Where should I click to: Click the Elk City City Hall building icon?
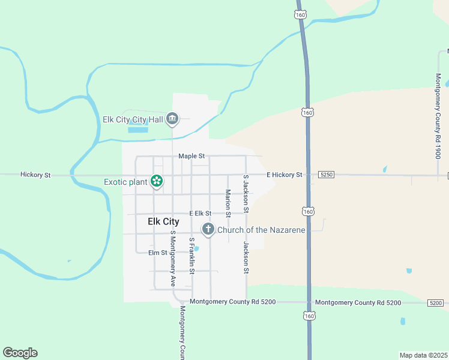coord(172,119)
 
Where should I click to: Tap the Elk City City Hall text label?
coord(133,119)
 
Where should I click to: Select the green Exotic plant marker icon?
coord(157,181)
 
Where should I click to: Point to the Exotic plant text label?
coord(125,182)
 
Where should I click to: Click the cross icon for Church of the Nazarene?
coord(208,229)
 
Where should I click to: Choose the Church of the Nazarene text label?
coord(261,230)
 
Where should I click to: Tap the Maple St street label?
coord(192,156)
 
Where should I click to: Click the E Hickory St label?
coord(285,175)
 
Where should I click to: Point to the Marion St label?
coord(228,203)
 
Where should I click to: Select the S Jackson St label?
coord(246,194)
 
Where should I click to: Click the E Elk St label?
coord(200,213)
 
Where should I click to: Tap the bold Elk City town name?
coord(163,221)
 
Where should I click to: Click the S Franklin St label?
coord(191,256)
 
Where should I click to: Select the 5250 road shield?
coord(326,175)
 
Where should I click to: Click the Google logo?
coord(20,353)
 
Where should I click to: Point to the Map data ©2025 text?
coord(423,355)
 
